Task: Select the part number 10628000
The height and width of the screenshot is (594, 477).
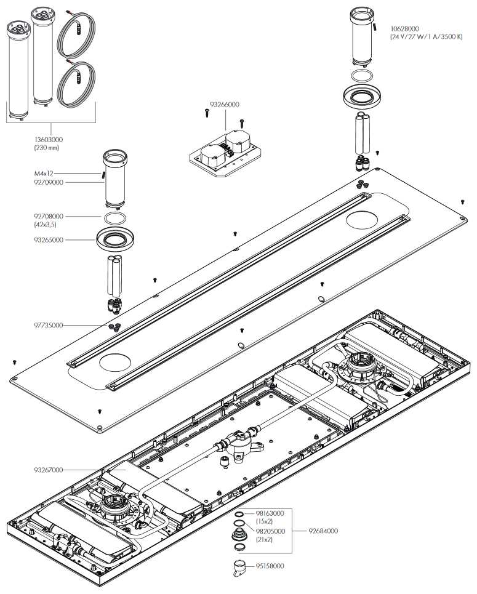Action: (405, 28)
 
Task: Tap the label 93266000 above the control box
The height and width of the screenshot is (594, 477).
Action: (225, 105)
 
